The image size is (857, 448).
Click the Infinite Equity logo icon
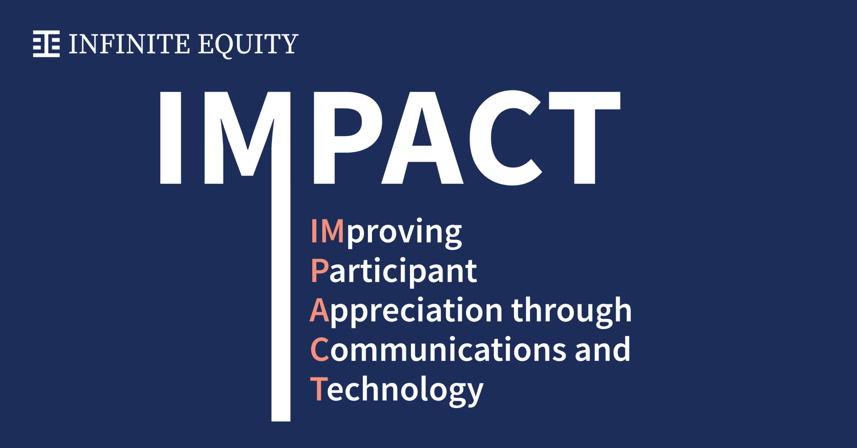(46, 44)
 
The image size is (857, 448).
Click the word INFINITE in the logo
(129, 44)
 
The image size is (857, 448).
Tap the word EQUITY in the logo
(248, 44)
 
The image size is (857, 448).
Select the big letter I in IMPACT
(171, 137)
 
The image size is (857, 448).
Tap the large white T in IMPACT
(585, 137)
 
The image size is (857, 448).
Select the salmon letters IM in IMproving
(327, 231)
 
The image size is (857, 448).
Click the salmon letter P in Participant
(320, 270)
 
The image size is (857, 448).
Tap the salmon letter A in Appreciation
(319, 310)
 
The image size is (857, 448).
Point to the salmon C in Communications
(320, 349)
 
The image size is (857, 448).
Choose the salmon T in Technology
(319, 388)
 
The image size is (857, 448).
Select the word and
(603, 349)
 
